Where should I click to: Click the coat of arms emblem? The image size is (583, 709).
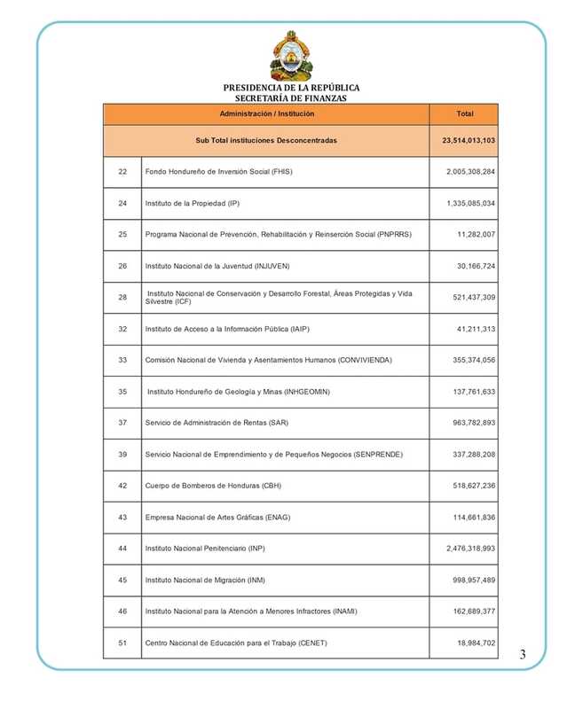tap(291, 56)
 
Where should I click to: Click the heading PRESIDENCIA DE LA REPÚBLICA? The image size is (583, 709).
tap(291, 88)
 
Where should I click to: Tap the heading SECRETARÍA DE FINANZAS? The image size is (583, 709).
tap(291, 99)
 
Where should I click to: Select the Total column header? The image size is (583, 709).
tap(464, 114)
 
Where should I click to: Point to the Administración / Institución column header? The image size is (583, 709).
tap(266, 114)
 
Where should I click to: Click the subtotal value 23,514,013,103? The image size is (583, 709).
tap(469, 141)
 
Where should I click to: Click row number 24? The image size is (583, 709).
tap(122, 203)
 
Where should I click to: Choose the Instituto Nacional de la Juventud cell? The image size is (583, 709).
tap(217, 266)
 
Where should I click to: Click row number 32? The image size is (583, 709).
tap(122, 329)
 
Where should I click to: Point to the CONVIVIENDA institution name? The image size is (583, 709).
tap(268, 360)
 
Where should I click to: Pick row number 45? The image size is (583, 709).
tap(122, 580)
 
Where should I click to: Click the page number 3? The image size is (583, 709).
tap(523, 655)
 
